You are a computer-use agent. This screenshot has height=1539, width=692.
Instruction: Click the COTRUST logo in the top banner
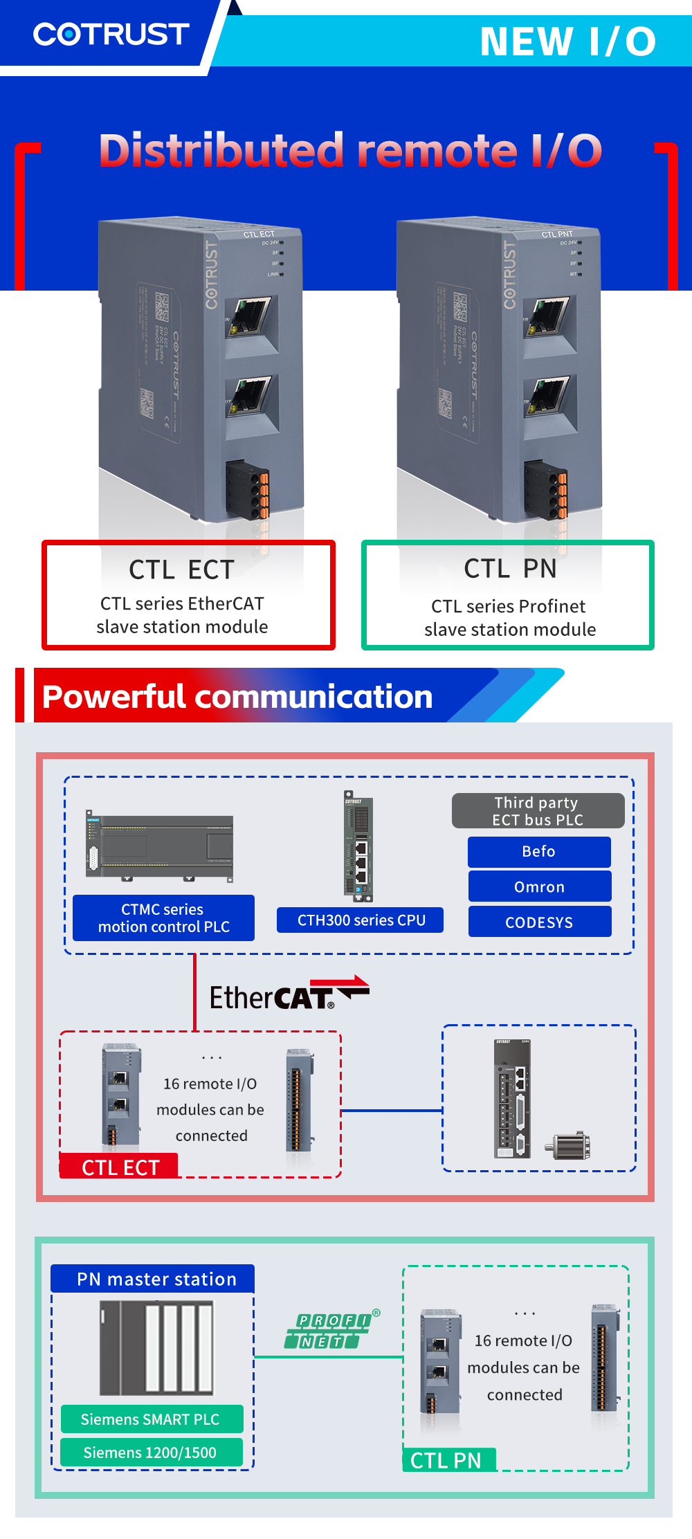111,34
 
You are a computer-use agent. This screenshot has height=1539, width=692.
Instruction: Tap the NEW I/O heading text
567,42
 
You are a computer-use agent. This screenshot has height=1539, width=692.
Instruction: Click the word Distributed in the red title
221,150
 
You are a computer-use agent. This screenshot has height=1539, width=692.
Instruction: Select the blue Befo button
539,852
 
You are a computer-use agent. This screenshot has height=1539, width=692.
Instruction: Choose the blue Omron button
539,886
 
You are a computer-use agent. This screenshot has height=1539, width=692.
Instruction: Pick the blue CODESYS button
539,922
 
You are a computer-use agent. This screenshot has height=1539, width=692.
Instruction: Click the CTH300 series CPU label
361,920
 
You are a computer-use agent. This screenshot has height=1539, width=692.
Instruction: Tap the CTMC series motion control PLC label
163,918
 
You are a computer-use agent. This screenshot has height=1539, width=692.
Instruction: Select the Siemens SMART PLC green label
151,1419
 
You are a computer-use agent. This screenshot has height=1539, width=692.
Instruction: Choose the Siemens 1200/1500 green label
151,1453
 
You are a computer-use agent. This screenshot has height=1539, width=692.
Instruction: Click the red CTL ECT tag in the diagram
120,1167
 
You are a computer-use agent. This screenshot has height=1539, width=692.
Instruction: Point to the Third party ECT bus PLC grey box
538,811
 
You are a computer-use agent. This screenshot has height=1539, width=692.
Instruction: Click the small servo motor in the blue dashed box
569,1145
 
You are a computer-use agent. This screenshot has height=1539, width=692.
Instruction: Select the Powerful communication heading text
237,696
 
